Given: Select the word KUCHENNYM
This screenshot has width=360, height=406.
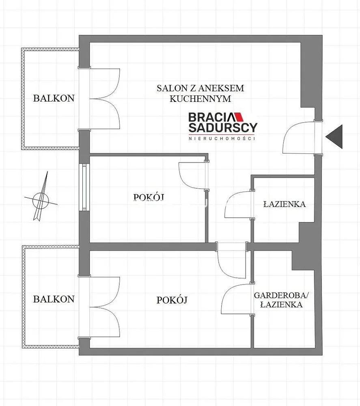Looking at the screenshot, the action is (200, 99).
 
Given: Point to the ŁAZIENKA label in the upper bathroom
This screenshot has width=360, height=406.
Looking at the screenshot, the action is (285, 204).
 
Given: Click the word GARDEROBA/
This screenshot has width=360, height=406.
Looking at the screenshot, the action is (281, 295).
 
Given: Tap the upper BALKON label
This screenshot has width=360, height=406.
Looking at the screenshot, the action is (54, 98).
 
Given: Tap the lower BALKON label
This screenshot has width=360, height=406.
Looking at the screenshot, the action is (54, 299).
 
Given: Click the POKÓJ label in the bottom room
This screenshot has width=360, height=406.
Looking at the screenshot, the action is (172, 300).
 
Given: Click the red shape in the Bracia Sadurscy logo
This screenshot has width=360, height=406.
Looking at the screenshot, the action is (239, 117).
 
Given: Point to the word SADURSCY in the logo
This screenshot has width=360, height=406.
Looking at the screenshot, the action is (223, 127).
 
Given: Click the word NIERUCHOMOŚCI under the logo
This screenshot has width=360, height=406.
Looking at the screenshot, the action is (222, 138).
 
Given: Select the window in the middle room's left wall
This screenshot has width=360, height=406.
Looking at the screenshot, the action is (84, 186).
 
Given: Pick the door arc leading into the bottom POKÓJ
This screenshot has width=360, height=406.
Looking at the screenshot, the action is (221, 268).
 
